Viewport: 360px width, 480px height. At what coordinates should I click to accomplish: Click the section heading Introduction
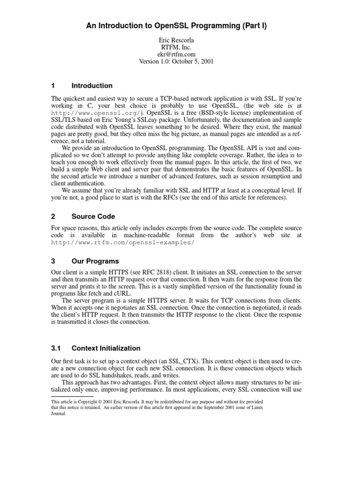click(92, 86)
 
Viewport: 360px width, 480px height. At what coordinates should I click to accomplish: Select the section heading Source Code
click(93, 217)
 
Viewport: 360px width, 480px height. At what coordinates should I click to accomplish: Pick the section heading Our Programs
click(95, 261)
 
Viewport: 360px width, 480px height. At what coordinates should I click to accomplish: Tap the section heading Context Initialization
click(106, 348)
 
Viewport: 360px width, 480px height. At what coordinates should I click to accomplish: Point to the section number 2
click(53, 217)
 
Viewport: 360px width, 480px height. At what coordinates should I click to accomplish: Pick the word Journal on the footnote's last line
click(59, 413)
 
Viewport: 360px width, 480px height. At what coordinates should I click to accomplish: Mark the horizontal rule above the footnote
click(70, 396)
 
